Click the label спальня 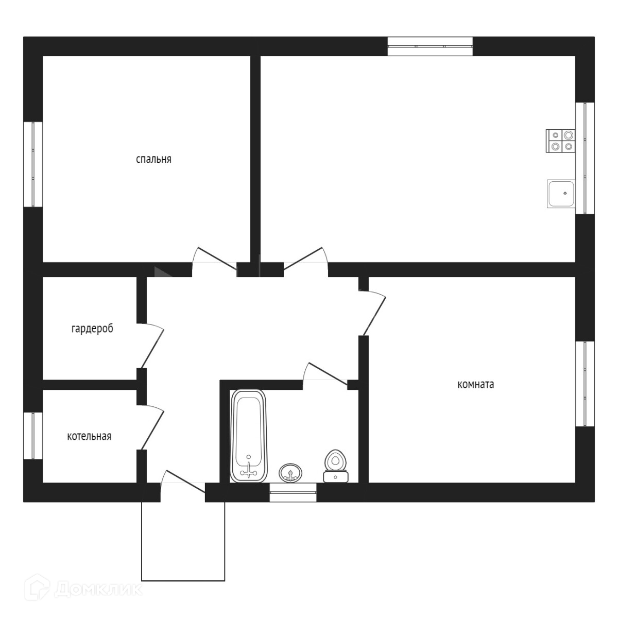coord(153,159)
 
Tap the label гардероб coord(92,329)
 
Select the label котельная coord(89,437)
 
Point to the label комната coord(475,384)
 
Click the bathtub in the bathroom coord(249,436)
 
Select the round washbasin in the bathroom coord(291,472)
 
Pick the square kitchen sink coord(561,194)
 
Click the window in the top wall coord(430,46)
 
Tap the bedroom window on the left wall coord(33,164)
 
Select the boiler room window coord(33,435)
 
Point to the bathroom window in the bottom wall coord(293,492)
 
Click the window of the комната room coord(585,384)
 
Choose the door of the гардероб coord(151,346)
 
